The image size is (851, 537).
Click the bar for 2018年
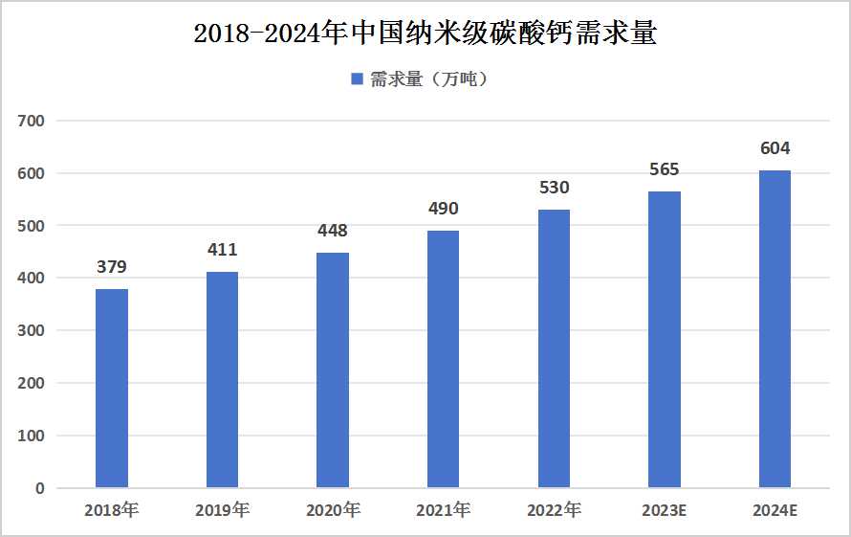coord(112,388)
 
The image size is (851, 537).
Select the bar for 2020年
coord(333,370)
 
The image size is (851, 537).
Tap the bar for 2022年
coord(554,348)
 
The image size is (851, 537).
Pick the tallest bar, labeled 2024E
coord(775,329)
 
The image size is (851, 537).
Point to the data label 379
coord(112,267)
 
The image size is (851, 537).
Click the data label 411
coord(222,250)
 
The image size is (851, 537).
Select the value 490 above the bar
coord(443,209)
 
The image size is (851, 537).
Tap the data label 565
coord(664,169)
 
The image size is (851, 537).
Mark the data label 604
coord(775,148)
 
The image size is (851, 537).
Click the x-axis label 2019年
coord(222,510)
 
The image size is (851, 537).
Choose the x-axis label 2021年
coord(443,510)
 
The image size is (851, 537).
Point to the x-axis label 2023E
coord(664,510)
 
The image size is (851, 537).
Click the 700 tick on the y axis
coord(32,122)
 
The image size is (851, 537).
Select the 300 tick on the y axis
coord(32,331)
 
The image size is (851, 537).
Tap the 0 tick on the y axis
coord(39,488)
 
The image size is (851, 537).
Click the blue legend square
coord(357,79)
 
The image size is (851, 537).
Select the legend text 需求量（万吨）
coord(430,79)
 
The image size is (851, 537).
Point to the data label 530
coord(554,188)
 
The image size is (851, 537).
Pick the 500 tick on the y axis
coord(32,226)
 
